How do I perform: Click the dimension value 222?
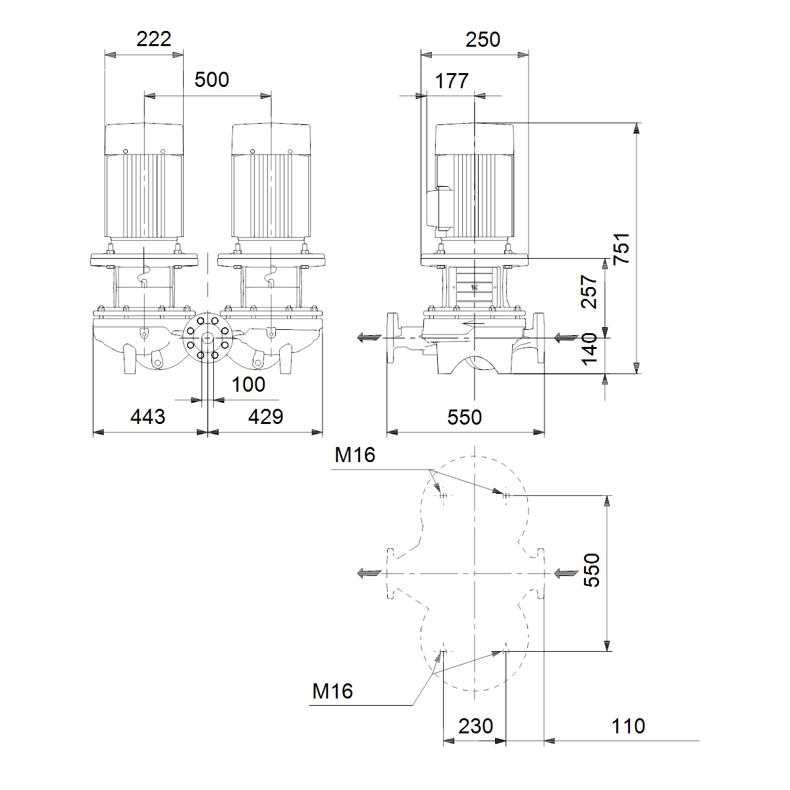tap(154, 39)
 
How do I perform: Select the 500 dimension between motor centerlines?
tap(211, 80)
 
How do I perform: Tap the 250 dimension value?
tap(483, 39)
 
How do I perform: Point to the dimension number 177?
tap(452, 81)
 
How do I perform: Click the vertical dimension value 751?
tap(621, 249)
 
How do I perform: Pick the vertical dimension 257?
tap(589, 292)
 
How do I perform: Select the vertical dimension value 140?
tap(589, 350)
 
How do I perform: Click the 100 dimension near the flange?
tap(248, 384)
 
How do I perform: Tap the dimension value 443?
tap(147, 417)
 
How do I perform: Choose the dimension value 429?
tap(266, 417)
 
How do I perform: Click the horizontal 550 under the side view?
tap(465, 417)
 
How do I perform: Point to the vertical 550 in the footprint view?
tap(592, 570)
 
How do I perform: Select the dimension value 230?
tap(475, 726)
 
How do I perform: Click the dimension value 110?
tap(628, 726)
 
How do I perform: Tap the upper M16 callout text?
tap(355, 455)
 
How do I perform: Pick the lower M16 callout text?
tap(332, 691)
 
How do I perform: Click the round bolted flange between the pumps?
tap(207, 338)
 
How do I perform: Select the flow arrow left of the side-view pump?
tap(369, 338)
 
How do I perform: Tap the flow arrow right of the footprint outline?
tap(566, 573)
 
